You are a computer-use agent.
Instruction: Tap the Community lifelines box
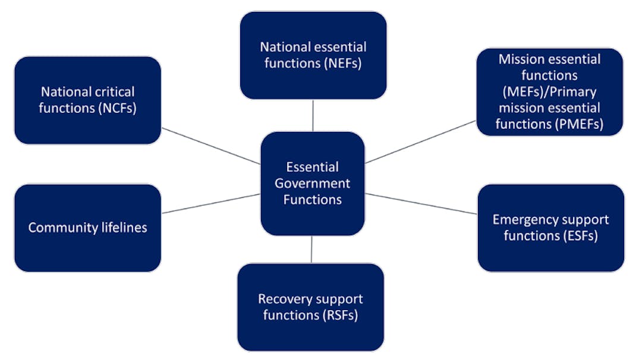coord(87,228)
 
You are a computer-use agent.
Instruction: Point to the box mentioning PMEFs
coord(549,91)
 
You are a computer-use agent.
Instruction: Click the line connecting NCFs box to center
coord(210,146)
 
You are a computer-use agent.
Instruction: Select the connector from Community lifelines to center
coord(210,203)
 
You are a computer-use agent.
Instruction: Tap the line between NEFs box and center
coord(313,115)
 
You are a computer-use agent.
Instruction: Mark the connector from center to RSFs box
coord(311,250)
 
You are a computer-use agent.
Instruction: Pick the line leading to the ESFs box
coord(421,203)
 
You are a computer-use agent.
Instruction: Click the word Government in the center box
coord(312,184)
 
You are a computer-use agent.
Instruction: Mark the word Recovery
coord(279,299)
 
